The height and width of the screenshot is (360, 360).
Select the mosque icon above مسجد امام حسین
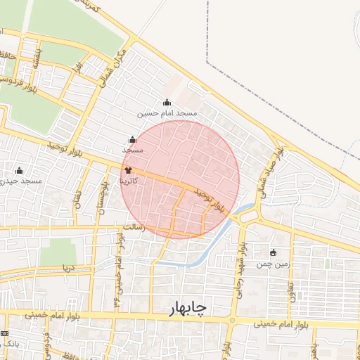click(x=167, y=103)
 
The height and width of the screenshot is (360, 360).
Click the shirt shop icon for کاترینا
click(x=128, y=170)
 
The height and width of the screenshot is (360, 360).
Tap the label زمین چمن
click(x=273, y=264)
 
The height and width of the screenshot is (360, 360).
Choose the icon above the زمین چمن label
click(x=274, y=253)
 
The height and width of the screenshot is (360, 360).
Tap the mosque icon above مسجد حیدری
click(x=19, y=170)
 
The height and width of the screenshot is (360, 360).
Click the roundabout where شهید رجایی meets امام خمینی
click(x=233, y=321)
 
